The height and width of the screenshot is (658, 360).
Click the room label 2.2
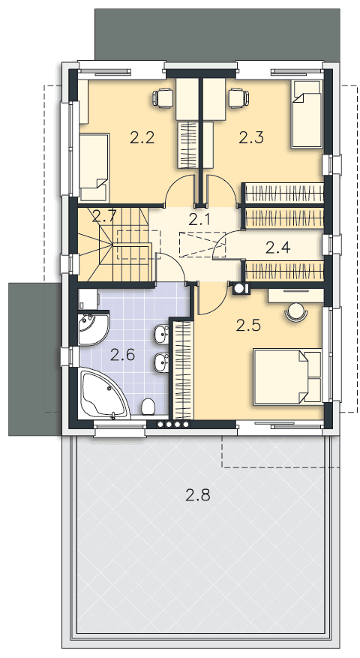142,137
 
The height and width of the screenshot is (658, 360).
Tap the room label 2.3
251,137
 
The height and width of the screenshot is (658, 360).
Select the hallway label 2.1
199,218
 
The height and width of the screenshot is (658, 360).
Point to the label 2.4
277,248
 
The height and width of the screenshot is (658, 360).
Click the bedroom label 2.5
248,325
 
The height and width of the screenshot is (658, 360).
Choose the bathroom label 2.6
122,356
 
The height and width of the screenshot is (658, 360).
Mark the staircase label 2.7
103,217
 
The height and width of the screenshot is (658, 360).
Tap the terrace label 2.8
197,496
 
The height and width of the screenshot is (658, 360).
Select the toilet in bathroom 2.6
148,406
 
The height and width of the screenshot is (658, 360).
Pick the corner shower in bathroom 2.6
92,328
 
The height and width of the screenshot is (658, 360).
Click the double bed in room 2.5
288,377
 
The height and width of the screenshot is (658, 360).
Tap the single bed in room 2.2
94,167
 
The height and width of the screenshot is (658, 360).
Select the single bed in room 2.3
307,114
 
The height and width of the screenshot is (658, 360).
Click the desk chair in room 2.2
163,98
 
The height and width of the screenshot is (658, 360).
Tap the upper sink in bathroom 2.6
161,335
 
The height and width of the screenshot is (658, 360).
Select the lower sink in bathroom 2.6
161,362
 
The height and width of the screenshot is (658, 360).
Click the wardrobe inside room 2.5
183,370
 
